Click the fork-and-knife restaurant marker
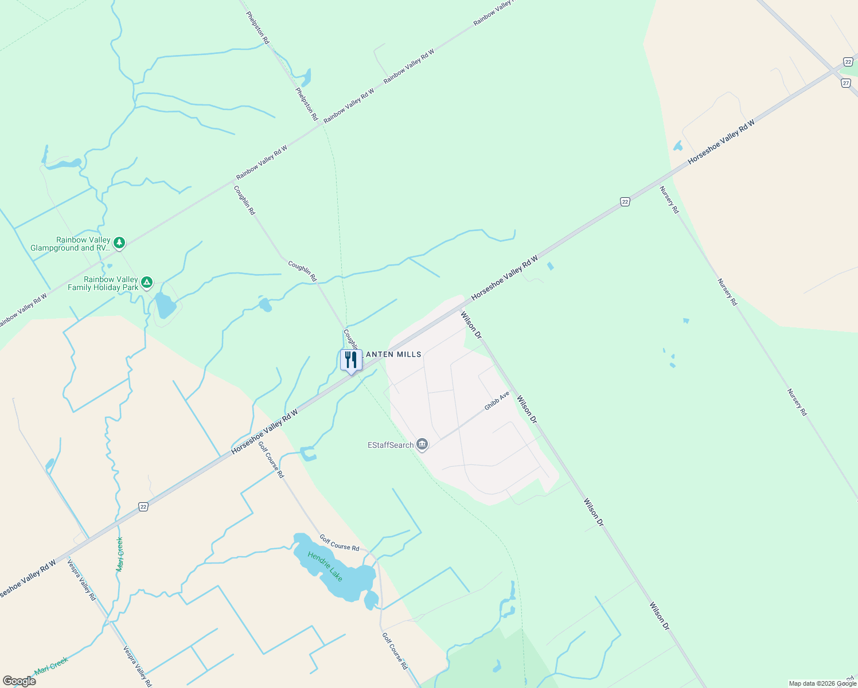(351, 360)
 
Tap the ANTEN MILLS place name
(393, 354)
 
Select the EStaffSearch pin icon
(422, 444)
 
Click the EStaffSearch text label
(391, 445)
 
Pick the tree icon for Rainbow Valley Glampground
(119, 243)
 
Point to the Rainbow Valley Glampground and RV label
(70, 244)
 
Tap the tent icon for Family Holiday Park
(147, 283)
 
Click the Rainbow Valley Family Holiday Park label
(103, 283)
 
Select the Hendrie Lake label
(325, 566)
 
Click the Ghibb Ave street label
(497, 401)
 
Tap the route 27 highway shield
(846, 83)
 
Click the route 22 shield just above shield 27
(848, 62)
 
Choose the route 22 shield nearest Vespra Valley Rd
(143, 506)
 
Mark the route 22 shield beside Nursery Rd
(625, 202)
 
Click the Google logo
(19, 681)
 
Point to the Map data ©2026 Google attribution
(822, 683)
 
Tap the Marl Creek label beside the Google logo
(51, 666)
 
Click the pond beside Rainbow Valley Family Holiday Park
(165, 306)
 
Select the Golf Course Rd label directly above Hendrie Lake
(339, 543)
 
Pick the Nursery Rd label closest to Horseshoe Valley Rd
(669, 200)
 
